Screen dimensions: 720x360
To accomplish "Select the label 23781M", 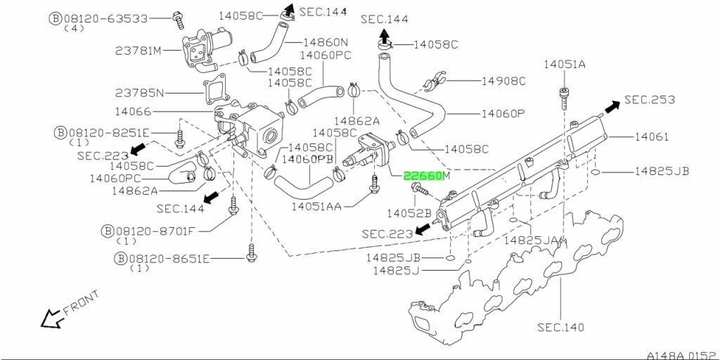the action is [x=139, y=51].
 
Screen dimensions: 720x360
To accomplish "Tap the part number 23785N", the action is [x=139, y=94].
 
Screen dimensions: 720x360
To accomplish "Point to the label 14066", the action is [x=133, y=112].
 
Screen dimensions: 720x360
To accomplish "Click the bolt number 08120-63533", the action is [x=105, y=19].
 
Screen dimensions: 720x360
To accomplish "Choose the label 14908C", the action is [x=503, y=82].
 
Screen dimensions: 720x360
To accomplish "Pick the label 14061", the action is [x=652, y=137].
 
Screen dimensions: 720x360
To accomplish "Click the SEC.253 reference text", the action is [x=650, y=100].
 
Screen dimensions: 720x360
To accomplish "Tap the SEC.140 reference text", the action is [x=560, y=328].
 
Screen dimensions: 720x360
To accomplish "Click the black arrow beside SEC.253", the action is [x=612, y=107].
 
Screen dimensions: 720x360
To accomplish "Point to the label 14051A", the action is [x=565, y=65].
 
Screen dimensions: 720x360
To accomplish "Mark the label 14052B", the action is [x=409, y=214].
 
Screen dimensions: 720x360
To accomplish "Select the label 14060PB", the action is [x=307, y=160].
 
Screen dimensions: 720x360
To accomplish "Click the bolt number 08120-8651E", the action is [x=169, y=259].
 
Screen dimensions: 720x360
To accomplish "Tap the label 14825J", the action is [x=396, y=271].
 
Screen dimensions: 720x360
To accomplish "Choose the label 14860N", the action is [x=326, y=43].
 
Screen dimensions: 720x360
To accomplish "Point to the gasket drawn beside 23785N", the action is [x=217, y=91].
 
